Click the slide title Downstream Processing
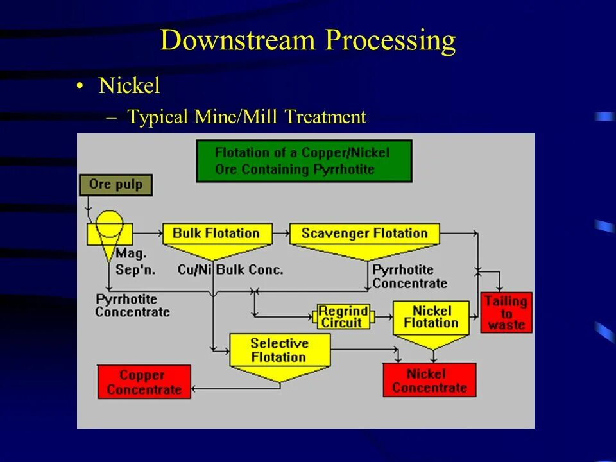coord(308,40)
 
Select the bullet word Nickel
coord(129,86)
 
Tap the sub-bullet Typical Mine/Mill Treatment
coord(246,117)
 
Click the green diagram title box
coord(304,161)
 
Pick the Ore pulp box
coord(116,185)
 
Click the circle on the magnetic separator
coord(109,224)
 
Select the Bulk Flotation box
coord(217,234)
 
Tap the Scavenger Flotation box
coord(364,234)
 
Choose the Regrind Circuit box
coord(343,316)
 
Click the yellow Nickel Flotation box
coord(432,317)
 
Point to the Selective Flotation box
coord(279,350)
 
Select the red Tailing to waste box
coord(506,312)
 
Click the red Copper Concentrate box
coord(144,382)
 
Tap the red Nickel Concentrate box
coord(429,380)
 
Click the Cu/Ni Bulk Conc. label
coord(230,269)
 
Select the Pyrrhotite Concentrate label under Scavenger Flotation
coord(409,277)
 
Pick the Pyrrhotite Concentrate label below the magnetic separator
coord(132,305)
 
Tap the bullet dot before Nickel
coord(80,87)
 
